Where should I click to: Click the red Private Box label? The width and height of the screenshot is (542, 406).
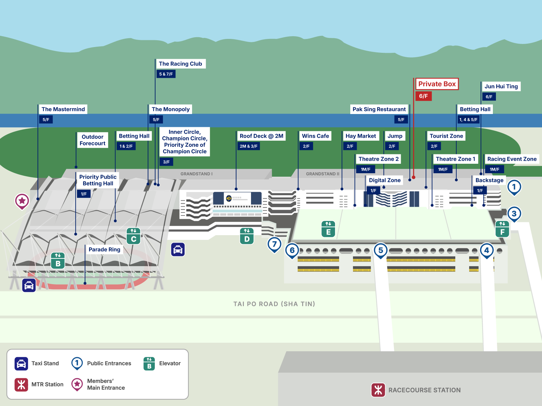click(437, 84)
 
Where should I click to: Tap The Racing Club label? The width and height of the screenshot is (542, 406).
click(180, 64)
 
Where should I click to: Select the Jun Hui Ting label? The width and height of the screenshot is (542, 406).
click(501, 86)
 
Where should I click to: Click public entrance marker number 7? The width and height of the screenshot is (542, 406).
click(274, 244)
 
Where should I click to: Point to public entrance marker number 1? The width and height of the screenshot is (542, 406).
click(514, 187)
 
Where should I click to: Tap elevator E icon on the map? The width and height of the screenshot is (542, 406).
click(328, 229)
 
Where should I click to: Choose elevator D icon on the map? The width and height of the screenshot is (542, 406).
click(247, 236)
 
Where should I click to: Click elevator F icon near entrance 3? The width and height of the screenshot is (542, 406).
click(502, 229)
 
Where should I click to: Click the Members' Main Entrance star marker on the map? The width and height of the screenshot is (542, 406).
click(22, 201)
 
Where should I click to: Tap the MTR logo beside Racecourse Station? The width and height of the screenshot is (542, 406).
click(378, 390)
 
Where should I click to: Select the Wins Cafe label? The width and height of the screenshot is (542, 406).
click(315, 136)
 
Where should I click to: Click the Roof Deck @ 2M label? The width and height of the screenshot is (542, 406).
click(261, 136)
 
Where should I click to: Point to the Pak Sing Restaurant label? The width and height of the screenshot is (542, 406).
click(379, 109)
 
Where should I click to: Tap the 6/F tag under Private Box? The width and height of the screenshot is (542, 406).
click(423, 96)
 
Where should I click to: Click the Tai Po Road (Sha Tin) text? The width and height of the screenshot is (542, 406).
click(274, 304)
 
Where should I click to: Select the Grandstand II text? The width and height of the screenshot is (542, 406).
click(322, 174)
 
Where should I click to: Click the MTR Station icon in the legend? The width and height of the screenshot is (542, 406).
click(21, 384)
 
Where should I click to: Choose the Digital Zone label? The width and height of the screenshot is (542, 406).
click(384, 180)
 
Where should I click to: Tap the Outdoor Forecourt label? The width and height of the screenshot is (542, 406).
click(92, 140)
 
